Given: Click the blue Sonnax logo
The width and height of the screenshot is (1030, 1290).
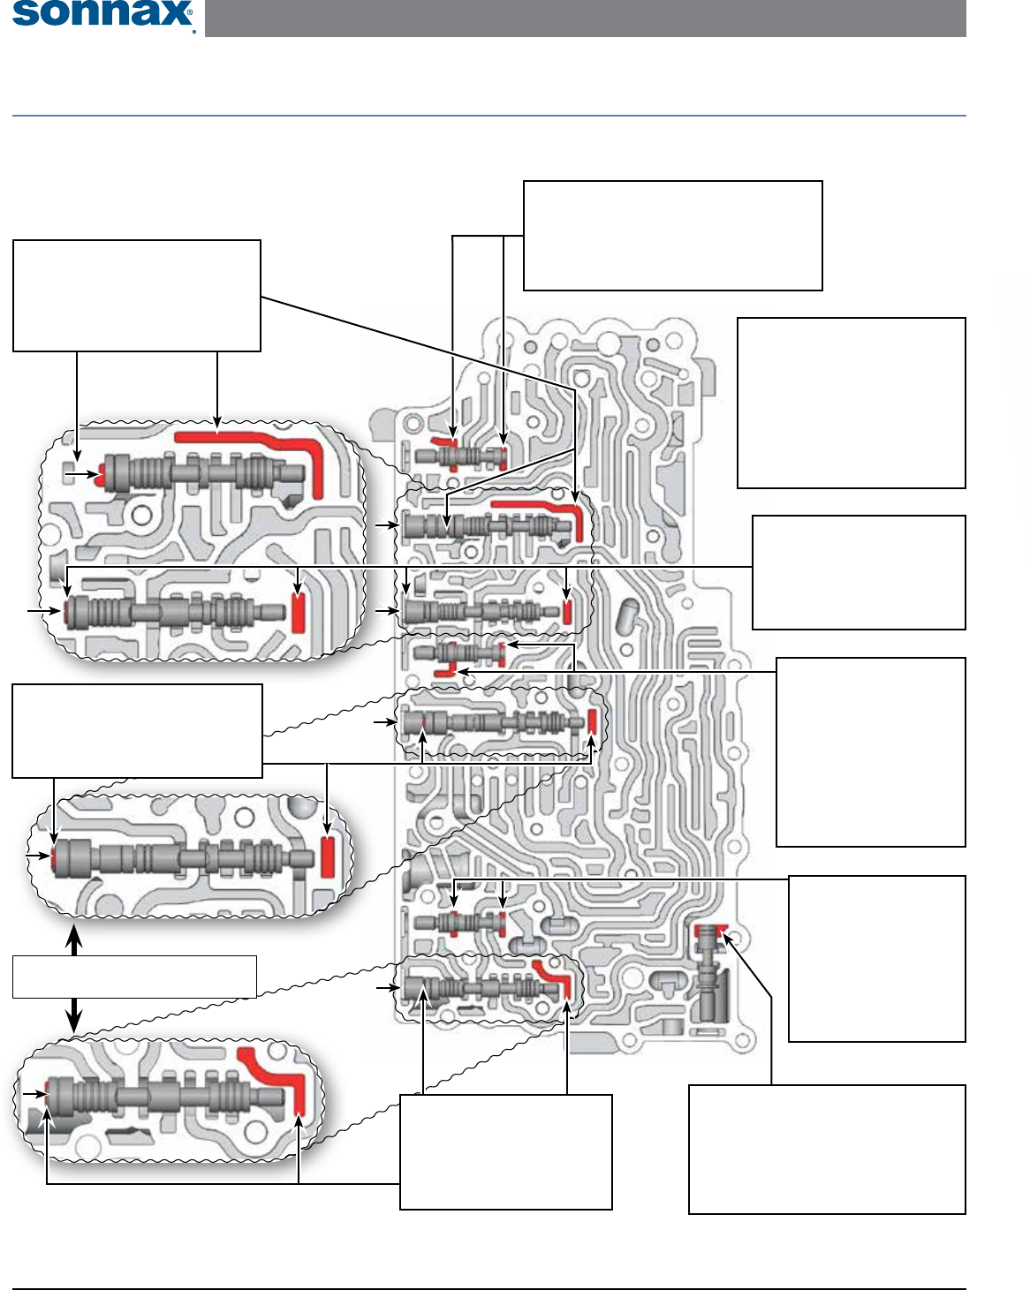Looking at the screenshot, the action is [102, 15].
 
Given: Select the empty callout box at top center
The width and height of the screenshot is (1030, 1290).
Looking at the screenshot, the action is [672, 236].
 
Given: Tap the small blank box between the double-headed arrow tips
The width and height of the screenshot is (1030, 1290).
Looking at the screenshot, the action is [134, 977].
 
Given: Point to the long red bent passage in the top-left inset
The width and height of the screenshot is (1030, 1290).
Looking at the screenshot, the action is [256, 441].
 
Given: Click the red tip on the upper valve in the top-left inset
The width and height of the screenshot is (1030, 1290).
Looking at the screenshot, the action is [102, 474].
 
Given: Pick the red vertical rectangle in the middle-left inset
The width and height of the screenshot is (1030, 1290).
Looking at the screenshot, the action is [327, 856].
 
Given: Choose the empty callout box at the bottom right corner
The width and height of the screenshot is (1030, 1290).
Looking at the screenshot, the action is [826, 1149].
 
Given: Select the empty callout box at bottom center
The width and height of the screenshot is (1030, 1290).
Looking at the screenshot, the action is [505, 1151].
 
